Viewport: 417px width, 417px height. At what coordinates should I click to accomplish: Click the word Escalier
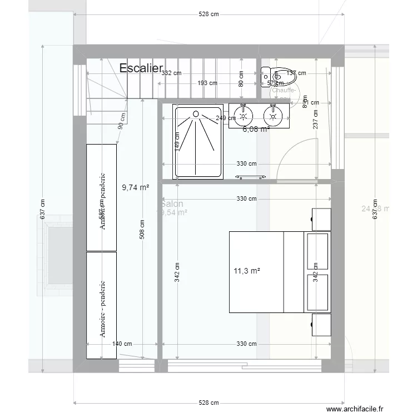(x=141, y=68)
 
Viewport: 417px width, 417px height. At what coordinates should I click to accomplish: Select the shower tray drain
(x=196, y=114)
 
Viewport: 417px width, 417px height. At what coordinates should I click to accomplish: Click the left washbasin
(x=244, y=116)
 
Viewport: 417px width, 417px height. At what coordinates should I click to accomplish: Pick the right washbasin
(x=273, y=116)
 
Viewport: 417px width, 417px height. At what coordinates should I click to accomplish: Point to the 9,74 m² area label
(x=135, y=188)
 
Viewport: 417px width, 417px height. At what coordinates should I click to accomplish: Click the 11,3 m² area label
(x=247, y=271)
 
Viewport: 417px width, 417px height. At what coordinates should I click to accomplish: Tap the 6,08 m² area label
(x=256, y=129)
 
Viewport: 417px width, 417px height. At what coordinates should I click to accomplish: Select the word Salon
(x=172, y=204)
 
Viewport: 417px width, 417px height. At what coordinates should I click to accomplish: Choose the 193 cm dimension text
(x=207, y=83)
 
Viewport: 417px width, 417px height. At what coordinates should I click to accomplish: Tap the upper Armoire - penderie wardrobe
(x=102, y=197)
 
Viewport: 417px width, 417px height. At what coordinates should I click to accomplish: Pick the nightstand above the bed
(x=321, y=219)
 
